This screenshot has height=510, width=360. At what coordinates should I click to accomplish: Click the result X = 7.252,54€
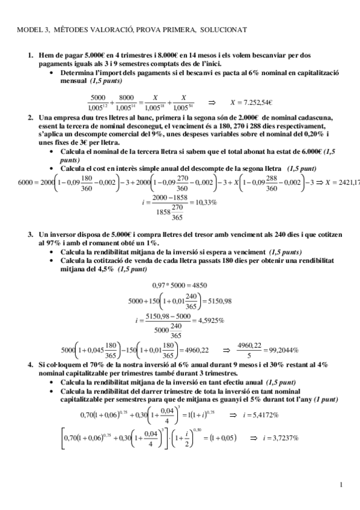[252, 102]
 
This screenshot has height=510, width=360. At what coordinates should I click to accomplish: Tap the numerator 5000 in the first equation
[97, 97]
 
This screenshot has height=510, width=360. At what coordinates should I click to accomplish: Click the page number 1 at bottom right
[341, 484]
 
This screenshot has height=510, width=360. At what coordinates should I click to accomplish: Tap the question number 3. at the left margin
[31, 233]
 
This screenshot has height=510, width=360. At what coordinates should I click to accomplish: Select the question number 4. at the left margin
[31, 365]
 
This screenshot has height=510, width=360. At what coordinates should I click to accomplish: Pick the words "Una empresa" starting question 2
[59, 118]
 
